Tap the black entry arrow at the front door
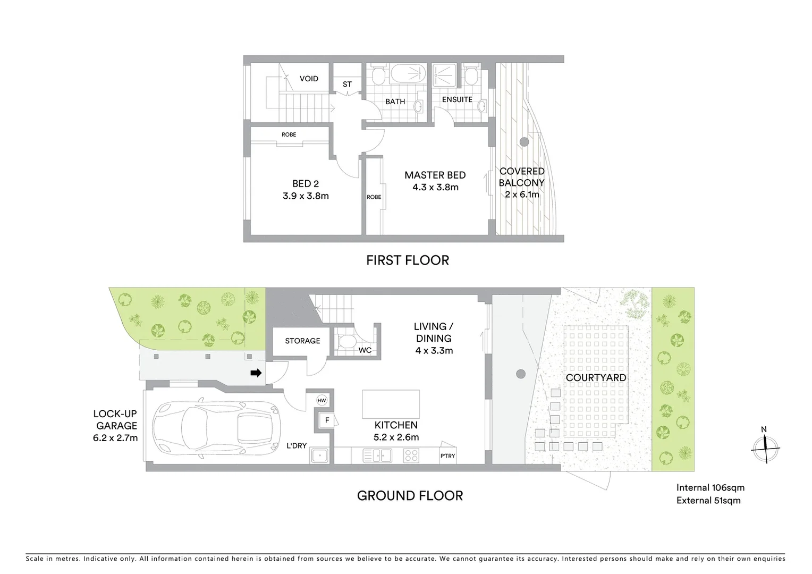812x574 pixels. pos(256,373)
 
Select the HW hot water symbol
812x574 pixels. pos(322,400)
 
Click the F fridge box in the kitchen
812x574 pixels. pos(327,420)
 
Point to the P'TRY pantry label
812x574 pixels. pos(447,456)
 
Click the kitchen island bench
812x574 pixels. pos(391,404)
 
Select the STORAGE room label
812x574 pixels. pos(302,341)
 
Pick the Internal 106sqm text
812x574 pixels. pos(710,487)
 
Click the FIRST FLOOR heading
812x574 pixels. pos(408,260)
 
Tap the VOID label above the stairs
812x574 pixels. pos(309,79)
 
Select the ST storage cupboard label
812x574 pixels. pos(347,84)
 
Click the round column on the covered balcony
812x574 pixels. pos(524,141)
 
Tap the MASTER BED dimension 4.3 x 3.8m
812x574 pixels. pos(435,187)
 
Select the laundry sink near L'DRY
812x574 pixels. pos(319,455)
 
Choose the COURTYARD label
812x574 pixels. pos(596,378)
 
